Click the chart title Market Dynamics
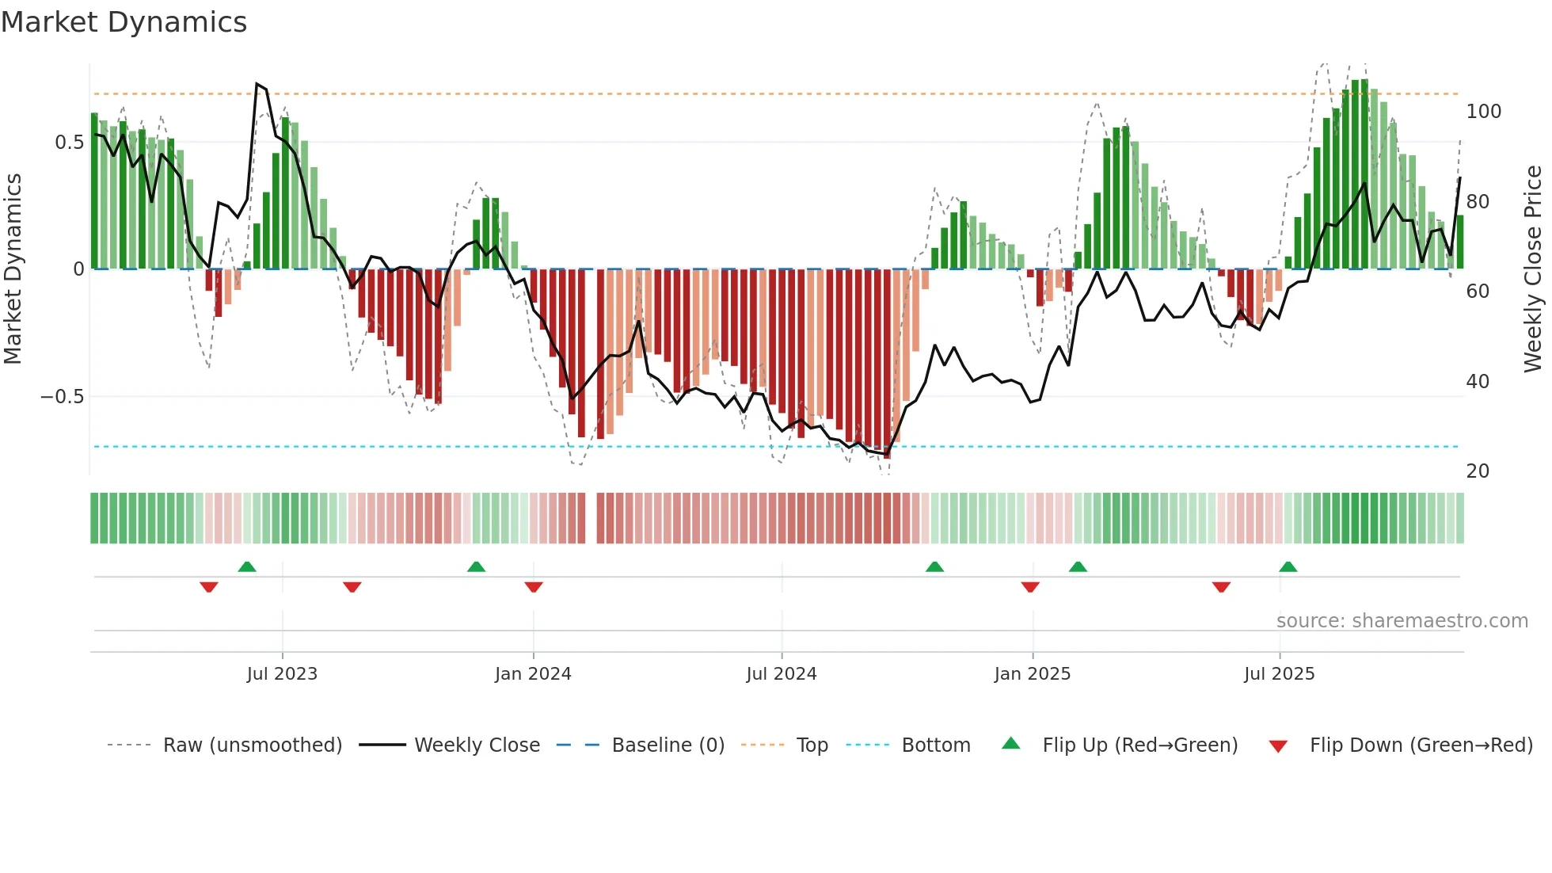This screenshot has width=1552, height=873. (124, 22)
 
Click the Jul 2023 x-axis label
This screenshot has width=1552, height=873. (282, 674)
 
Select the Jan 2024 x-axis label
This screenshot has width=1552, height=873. (533, 674)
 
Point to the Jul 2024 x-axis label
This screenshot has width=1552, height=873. (782, 674)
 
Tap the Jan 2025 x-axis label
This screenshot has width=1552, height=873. (1033, 674)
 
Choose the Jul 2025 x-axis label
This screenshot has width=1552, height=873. (1280, 674)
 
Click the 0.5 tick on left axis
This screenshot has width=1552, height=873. (69, 143)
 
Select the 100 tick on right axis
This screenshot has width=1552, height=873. (1483, 112)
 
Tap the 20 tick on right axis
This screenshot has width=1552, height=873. (1478, 471)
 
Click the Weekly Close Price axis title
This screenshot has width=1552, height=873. (1533, 269)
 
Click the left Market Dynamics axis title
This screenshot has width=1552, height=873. (13, 269)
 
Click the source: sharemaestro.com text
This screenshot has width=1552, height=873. (1402, 621)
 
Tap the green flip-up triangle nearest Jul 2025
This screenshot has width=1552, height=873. (1288, 567)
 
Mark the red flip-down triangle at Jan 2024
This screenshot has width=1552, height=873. (534, 587)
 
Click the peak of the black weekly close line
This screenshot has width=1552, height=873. (257, 83)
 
